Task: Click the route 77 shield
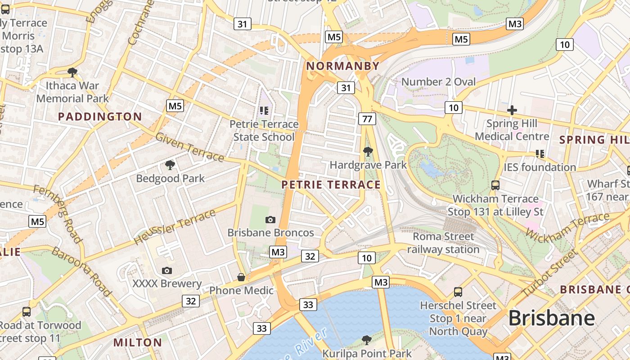point(367,119)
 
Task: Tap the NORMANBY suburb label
point(343,66)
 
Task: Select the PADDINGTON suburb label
point(100,117)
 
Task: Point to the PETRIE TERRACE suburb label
point(331,184)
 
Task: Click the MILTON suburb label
point(138,342)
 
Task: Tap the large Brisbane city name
point(551,319)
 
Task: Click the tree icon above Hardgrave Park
point(368,152)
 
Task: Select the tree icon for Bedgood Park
point(170,165)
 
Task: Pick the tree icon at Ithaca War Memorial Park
point(72,72)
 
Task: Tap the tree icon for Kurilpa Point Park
point(367,340)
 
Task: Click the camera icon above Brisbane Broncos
point(270,220)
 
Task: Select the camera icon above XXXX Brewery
point(166,270)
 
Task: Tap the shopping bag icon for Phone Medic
point(241,277)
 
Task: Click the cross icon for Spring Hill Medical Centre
point(512,110)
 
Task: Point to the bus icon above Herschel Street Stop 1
point(458,292)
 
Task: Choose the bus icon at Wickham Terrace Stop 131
point(495,185)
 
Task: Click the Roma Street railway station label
point(443,243)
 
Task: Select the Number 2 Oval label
point(438,82)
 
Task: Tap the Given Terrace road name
point(189,147)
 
